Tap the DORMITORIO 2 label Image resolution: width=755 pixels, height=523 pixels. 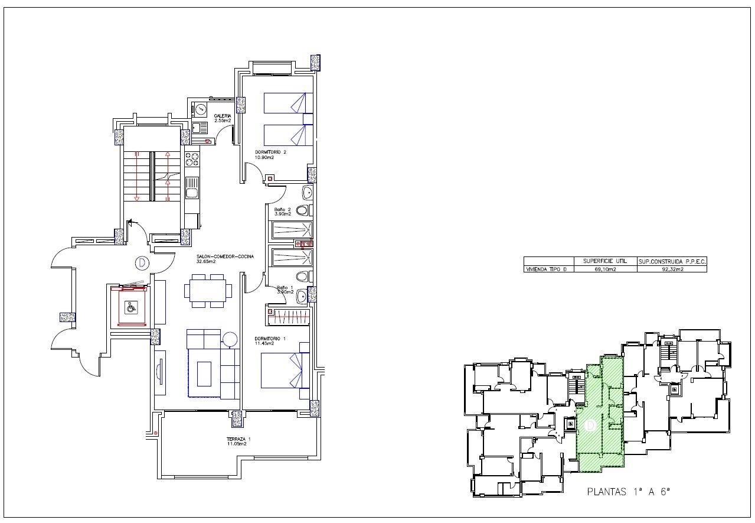pyautogui.click(x=270, y=152)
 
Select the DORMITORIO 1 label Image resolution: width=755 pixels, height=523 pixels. pyautogui.click(x=270, y=339)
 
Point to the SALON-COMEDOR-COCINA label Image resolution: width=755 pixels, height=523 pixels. pyautogui.click(x=225, y=256)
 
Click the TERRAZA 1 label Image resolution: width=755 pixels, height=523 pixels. pyautogui.click(x=238, y=439)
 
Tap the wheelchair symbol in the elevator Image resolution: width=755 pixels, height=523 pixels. pyautogui.click(x=130, y=306)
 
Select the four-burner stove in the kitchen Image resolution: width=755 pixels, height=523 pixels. pyautogui.click(x=192, y=159)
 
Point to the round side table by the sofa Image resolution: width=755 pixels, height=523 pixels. pyautogui.click(x=229, y=340)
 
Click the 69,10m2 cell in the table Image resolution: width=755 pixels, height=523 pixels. pyautogui.click(x=606, y=269)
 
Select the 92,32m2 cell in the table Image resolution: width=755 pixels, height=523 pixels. pyautogui.click(x=672, y=269)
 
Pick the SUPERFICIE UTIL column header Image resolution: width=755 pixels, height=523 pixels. pyautogui.click(x=606, y=261)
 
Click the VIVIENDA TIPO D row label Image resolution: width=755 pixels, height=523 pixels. pyautogui.click(x=549, y=269)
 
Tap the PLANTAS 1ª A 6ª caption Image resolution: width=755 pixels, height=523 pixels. pyautogui.click(x=629, y=491)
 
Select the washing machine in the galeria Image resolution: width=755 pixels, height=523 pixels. pyautogui.click(x=200, y=109)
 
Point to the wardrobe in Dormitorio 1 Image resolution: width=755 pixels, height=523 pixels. pyautogui.click(x=289, y=317)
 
